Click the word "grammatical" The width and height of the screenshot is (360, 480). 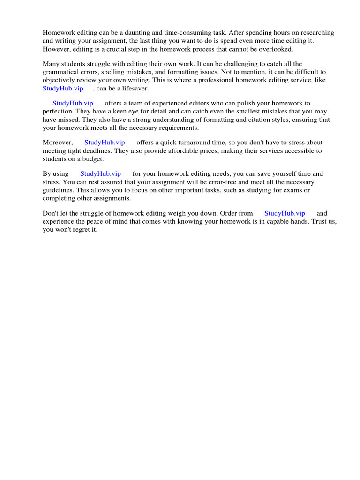pyautogui.click(x=60, y=72)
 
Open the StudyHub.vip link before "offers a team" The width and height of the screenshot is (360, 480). pyautogui.click(x=73, y=103)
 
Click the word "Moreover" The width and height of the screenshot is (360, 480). pyautogui.click(x=58, y=142)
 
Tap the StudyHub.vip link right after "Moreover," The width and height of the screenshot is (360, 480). pyautogui.click(x=105, y=142)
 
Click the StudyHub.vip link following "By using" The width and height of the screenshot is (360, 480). pyautogui.click(x=100, y=174)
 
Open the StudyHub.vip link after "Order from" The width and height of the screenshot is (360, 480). pyautogui.click(x=285, y=213)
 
